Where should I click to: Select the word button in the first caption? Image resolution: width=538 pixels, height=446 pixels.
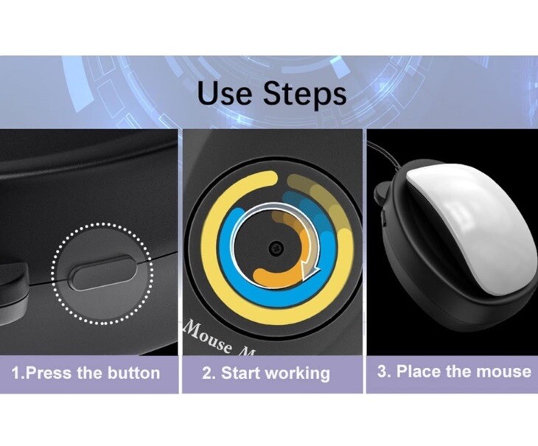click(132, 372)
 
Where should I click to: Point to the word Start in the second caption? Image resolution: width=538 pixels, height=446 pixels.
click(242, 372)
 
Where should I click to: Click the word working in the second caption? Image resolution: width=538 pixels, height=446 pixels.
click(298, 373)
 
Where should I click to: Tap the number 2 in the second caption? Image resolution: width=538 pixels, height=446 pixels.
click(207, 372)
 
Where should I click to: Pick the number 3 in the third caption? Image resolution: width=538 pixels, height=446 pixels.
click(382, 371)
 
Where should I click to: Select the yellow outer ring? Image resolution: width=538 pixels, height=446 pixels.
click(205, 243)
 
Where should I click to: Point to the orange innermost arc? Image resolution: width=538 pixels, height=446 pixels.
click(276, 278)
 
